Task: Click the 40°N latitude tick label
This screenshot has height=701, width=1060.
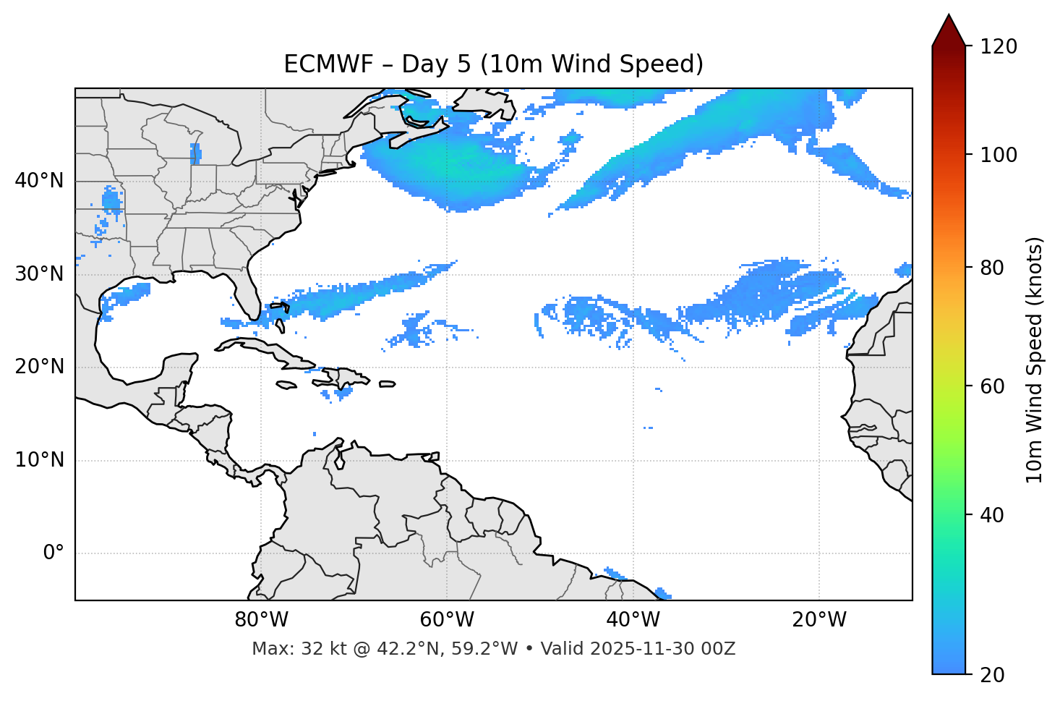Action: pos(39,181)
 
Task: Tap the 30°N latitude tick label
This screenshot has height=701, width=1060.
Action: pos(39,274)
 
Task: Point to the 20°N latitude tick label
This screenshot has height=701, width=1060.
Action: pos(39,367)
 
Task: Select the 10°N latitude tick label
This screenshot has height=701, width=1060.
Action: pos(39,460)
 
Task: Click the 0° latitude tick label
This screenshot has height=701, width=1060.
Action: pos(54,553)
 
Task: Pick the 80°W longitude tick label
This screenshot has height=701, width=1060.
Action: pos(261,620)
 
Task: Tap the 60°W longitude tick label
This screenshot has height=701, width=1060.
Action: pos(447,620)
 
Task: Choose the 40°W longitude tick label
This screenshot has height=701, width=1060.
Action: pos(633,620)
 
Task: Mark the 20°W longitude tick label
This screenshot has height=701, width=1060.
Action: pos(818,620)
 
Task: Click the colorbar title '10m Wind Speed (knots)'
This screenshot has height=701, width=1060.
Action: pos(1035,360)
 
